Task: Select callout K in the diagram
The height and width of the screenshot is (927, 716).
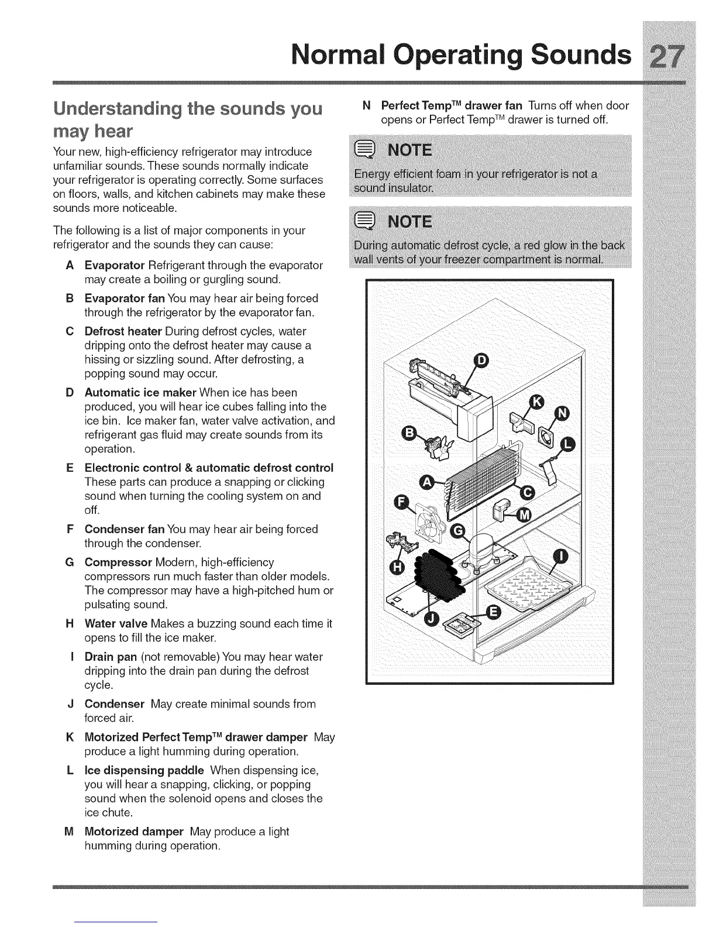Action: (536, 401)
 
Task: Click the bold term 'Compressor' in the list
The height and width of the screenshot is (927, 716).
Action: (118, 562)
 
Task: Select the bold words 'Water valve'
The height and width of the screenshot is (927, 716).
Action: (116, 624)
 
